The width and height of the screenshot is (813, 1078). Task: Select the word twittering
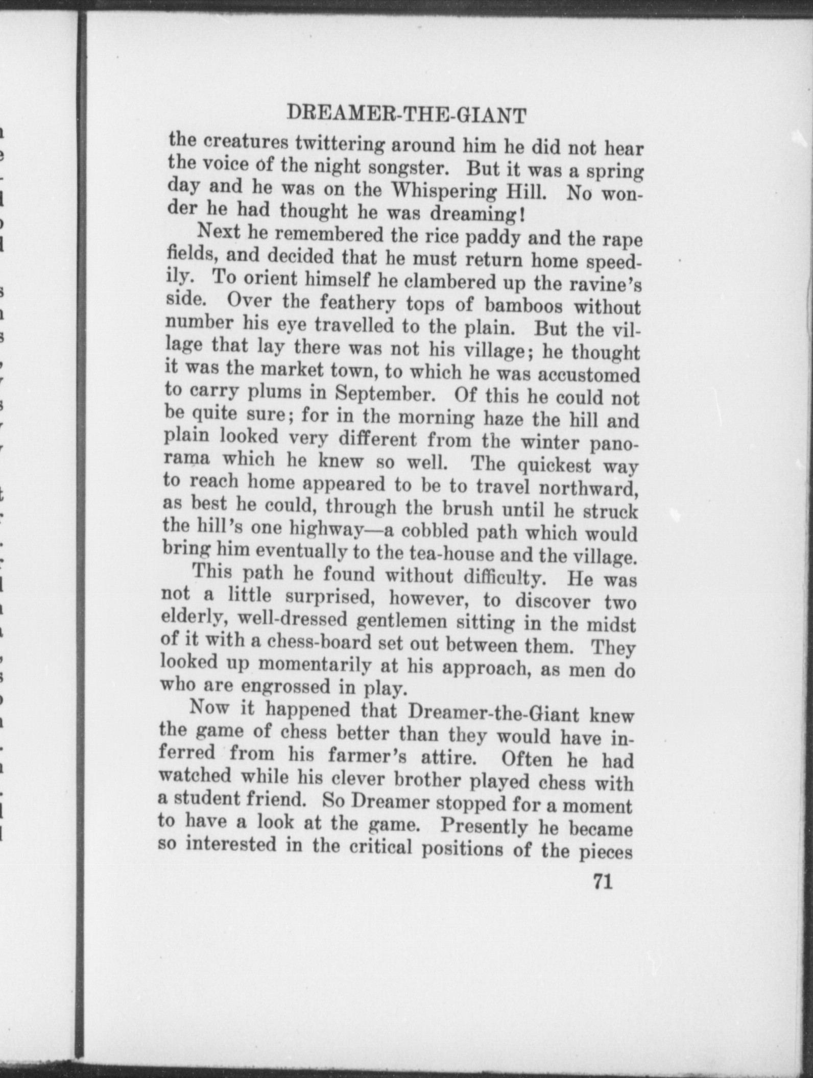[341, 144]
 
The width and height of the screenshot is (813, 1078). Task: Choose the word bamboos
[524, 306]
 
